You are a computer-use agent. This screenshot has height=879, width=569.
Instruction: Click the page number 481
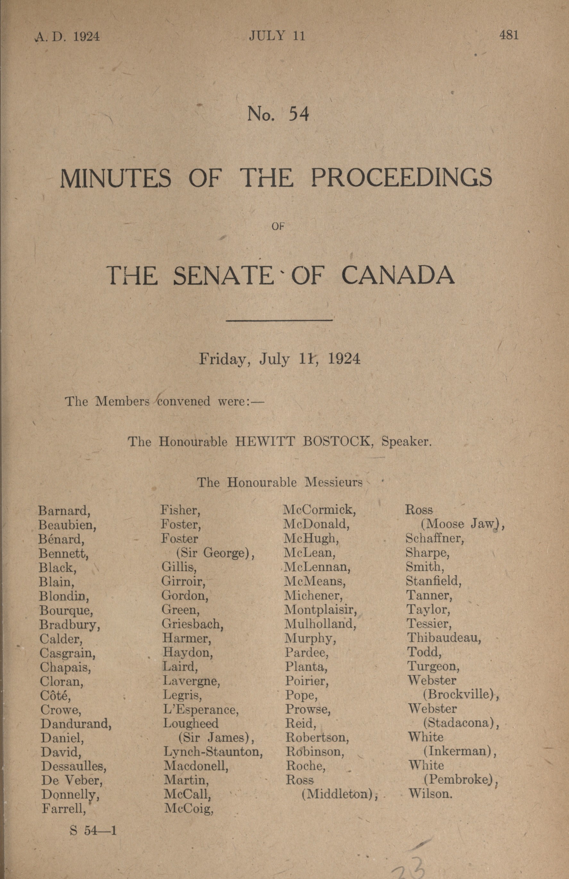click(508, 35)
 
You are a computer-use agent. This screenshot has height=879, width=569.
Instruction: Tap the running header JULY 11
click(277, 36)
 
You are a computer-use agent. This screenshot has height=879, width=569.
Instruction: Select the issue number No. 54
click(278, 114)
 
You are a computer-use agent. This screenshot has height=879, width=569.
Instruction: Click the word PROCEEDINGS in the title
click(401, 178)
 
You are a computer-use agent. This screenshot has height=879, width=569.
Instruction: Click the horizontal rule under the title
click(279, 320)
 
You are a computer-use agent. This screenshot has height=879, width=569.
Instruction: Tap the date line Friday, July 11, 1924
click(279, 358)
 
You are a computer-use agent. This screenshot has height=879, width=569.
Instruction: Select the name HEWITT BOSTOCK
click(303, 442)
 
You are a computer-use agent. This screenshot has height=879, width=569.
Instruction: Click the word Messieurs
click(333, 482)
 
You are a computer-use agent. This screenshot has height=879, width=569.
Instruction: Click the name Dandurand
click(76, 723)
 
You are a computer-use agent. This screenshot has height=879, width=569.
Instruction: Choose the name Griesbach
click(193, 624)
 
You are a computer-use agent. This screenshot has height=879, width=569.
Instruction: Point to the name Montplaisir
click(320, 610)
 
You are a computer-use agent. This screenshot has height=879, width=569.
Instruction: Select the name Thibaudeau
click(444, 638)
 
